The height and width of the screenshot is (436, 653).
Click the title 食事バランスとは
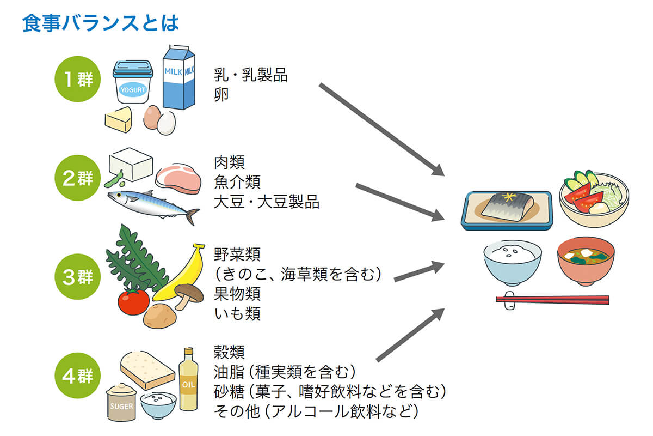coord(101,23)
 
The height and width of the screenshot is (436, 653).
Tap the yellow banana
coord(180,275)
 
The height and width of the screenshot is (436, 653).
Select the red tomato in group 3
coord(133,301)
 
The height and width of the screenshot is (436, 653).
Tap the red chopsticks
coord(552,299)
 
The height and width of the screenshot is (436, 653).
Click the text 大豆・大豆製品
coord(267,202)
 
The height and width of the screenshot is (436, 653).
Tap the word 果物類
coord(237,294)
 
